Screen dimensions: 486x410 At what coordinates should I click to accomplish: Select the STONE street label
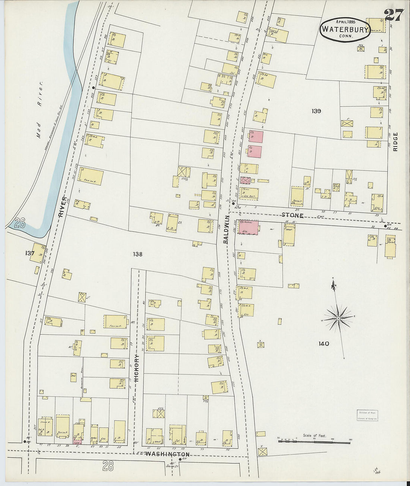click(x=292, y=215)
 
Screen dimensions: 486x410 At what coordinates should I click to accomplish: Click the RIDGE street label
click(x=395, y=142)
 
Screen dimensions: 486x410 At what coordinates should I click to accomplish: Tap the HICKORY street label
click(x=136, y=368)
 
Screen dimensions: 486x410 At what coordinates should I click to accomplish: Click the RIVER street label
click(x=62, y=207)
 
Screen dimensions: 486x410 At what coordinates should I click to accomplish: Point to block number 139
click(x=316, y=111)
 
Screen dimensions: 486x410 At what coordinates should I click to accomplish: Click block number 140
click(x=324, y=343)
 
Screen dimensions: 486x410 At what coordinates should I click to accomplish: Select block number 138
click(x=137, y=254)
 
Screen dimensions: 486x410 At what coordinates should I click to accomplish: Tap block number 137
click(x=30, y=253)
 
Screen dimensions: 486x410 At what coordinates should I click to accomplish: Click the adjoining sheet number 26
click(x=20, y=223)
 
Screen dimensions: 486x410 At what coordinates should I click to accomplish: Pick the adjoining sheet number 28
click(x=108, y=466)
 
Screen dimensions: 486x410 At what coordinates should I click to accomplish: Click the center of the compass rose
click(x=338, y=318)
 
